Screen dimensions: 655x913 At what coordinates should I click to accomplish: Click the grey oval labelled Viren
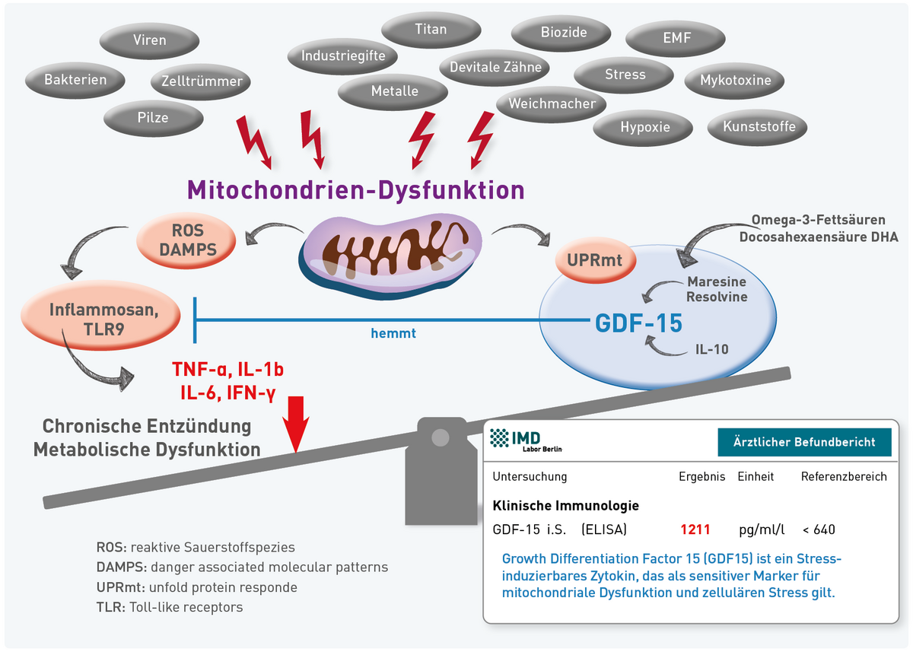pyautogui.click(x=150, y=40)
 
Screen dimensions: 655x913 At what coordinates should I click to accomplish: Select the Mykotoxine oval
pyautogui.click(x=735, y=80)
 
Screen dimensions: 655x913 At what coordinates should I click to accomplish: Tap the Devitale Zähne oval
pyautogui.click(x=495, y=67)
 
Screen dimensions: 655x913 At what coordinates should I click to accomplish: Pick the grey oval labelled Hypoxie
pyautogui.click(x=645, y=127)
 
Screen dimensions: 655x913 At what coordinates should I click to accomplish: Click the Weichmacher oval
pyautogui.click(x=552, y=103)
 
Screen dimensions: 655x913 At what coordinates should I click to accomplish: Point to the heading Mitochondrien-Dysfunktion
pyautogui.click(x=356, y=189)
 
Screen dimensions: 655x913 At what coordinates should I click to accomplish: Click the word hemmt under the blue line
pyautogui.click(x=393, y=332)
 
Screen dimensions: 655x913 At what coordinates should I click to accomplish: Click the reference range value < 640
pyautogui.click(x=819, y=529)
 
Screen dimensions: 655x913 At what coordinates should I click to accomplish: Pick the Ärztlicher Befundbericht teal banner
pyautogui.click(x=804, y=441)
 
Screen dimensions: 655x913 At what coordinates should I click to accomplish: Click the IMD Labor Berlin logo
pyautogui.click(x=526, y=440)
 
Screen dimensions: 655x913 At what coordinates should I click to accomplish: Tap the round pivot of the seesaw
pyautogui.click(x=440, y=437)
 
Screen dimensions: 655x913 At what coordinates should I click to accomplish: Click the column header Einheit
pyautogui.click(x=756, y=477)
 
